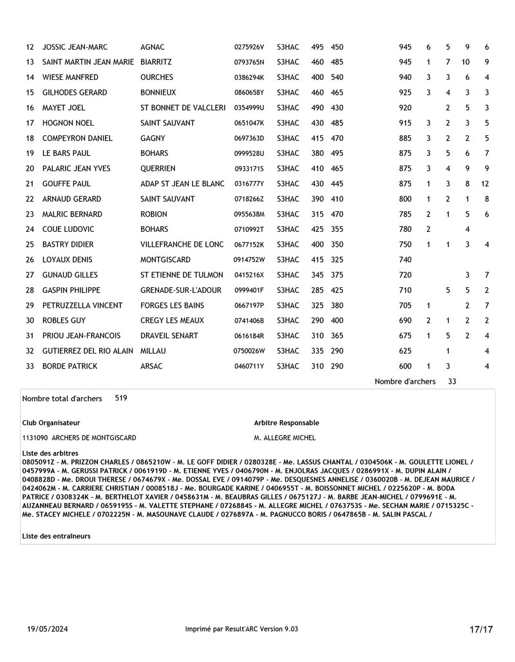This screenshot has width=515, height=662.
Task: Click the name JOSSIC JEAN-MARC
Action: [75, 47]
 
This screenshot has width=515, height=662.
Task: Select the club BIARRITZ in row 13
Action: [156, 62]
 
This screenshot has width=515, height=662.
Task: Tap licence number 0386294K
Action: [249, 77]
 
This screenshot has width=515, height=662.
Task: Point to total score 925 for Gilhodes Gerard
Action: [405, 93]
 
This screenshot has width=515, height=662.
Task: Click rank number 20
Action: [30, 169]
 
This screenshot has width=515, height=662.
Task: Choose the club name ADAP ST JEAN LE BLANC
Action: [182, 184]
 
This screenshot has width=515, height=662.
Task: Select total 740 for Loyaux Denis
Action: [405, 260]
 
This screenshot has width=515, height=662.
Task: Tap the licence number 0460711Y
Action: [249, 366]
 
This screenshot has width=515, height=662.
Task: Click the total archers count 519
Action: [121, 398]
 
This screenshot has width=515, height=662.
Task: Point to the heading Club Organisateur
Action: [51, 423]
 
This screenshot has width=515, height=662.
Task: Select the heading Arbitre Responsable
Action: [286, 423]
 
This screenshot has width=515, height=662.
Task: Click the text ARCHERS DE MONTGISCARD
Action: [97, 438]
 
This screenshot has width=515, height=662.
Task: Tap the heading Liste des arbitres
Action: [50, 453]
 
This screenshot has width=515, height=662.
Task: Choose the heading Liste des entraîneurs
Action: [56, 536]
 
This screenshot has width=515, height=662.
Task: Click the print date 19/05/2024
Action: [48, 629]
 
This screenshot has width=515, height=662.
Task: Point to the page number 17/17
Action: [480, 629]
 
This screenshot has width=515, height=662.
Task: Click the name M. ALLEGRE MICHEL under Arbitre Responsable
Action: [285, 438]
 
